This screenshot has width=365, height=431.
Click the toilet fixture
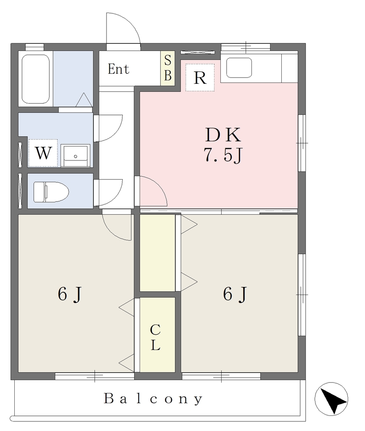(x=51, y=192)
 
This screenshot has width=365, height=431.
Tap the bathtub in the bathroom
(x=36, y=79)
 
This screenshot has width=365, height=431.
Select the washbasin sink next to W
(x=76, y=156)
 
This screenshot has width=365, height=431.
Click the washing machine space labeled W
(x=43, y=153)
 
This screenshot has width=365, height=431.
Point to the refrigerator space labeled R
(x=200, y=77)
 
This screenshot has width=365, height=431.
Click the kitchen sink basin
(x=239, y=68)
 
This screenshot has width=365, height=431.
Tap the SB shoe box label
(x=167, y=68)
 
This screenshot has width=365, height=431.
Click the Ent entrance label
(x=118, y=69)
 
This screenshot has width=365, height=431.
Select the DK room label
(x=223, y=135)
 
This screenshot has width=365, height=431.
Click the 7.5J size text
(x=223, y=155)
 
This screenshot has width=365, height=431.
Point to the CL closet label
(x=156, y=337)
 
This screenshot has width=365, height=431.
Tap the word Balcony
(x=153, y=399)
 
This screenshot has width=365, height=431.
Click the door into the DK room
(x=151, y=191)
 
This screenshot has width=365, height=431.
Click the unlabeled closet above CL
(x=158, y=253)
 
